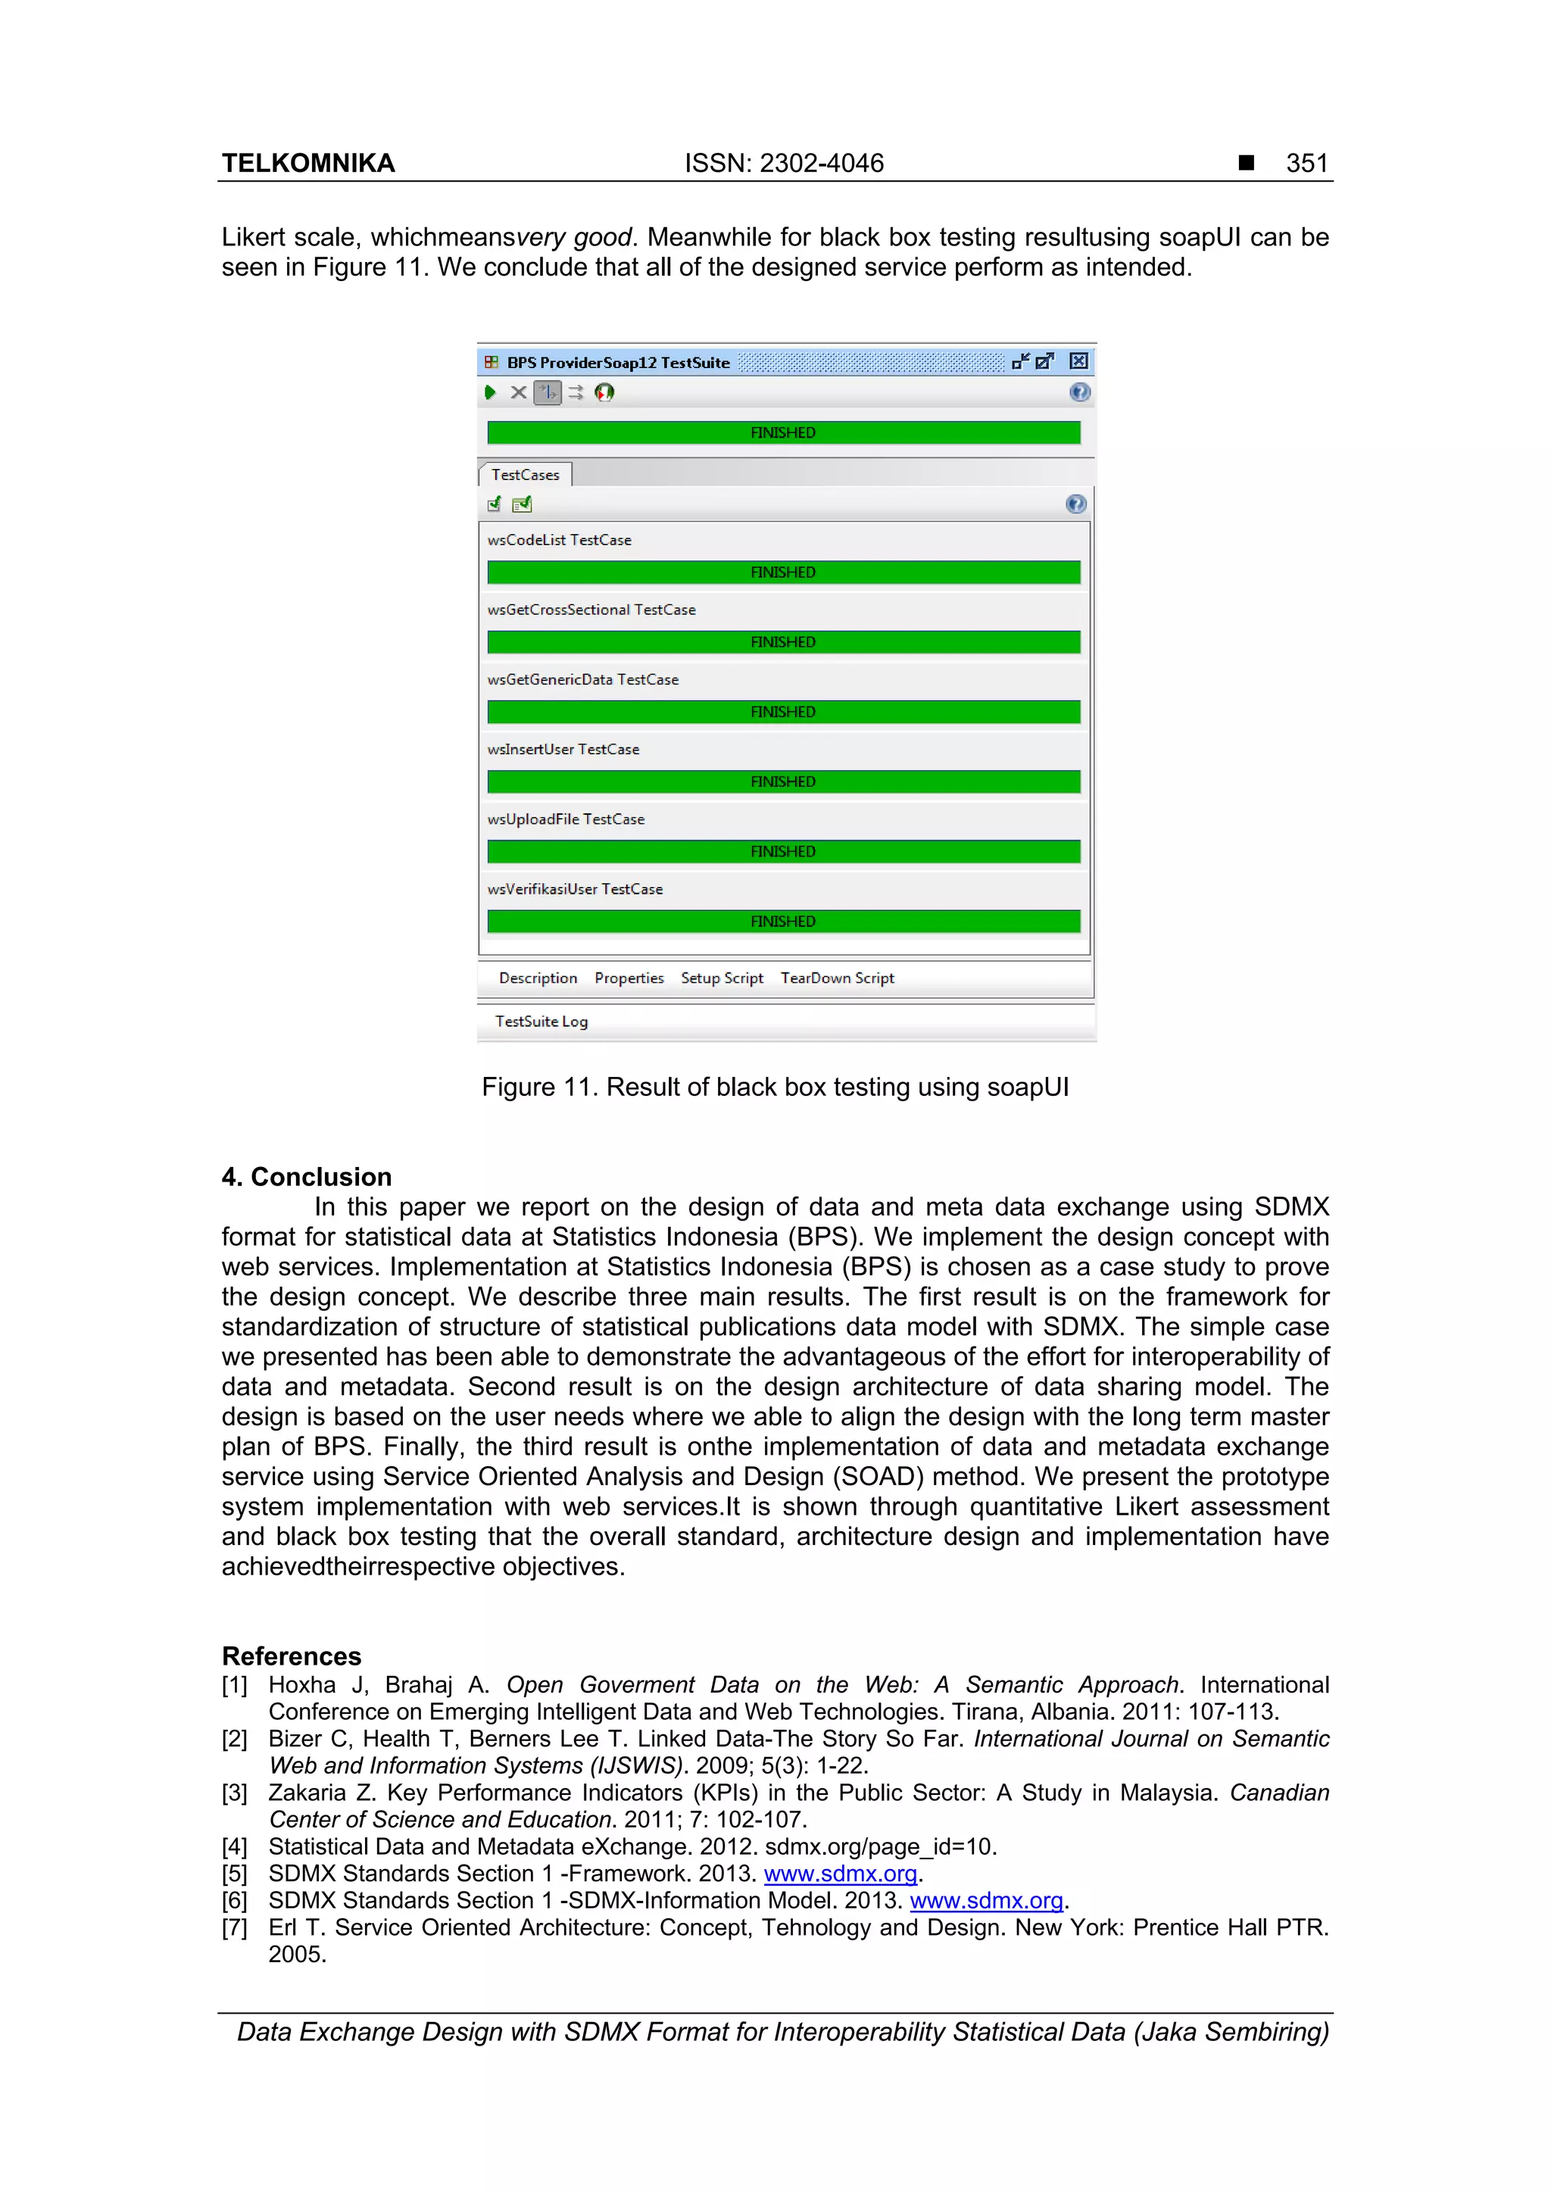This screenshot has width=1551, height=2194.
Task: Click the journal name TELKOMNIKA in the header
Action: coord(307,164)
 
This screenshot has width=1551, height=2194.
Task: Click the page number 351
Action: coord(1306,164)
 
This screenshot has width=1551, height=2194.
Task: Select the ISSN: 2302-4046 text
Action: coord(784,164)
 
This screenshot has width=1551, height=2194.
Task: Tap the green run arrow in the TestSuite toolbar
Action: coord(490,392)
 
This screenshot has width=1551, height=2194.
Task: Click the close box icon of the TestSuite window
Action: coord(1078,361)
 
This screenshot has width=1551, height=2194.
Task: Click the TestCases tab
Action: coord(525,475)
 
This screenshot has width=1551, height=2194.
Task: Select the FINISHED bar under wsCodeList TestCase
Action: coord(782,573)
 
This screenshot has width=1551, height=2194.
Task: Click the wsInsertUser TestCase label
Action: coord(563,749)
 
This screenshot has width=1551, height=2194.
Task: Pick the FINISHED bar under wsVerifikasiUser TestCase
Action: coord(782,921)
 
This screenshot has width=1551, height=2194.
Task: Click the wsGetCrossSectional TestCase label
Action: coord(591,610)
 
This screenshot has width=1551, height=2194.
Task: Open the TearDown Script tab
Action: coord(837,978)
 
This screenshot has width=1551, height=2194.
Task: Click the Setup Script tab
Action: coord(722,978)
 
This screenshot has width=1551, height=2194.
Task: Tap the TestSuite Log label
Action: coord(541,1022)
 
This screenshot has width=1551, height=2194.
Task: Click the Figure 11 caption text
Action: coord(775,1088)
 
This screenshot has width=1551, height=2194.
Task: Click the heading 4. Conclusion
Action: coord(307,1176)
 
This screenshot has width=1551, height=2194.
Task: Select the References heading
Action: coord(292,1656)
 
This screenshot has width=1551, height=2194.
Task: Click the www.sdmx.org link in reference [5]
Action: coord(840,1874)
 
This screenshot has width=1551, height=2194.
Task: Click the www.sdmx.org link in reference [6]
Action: coord(986,1901)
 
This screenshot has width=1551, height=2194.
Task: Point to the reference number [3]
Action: coord(234,1793)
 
